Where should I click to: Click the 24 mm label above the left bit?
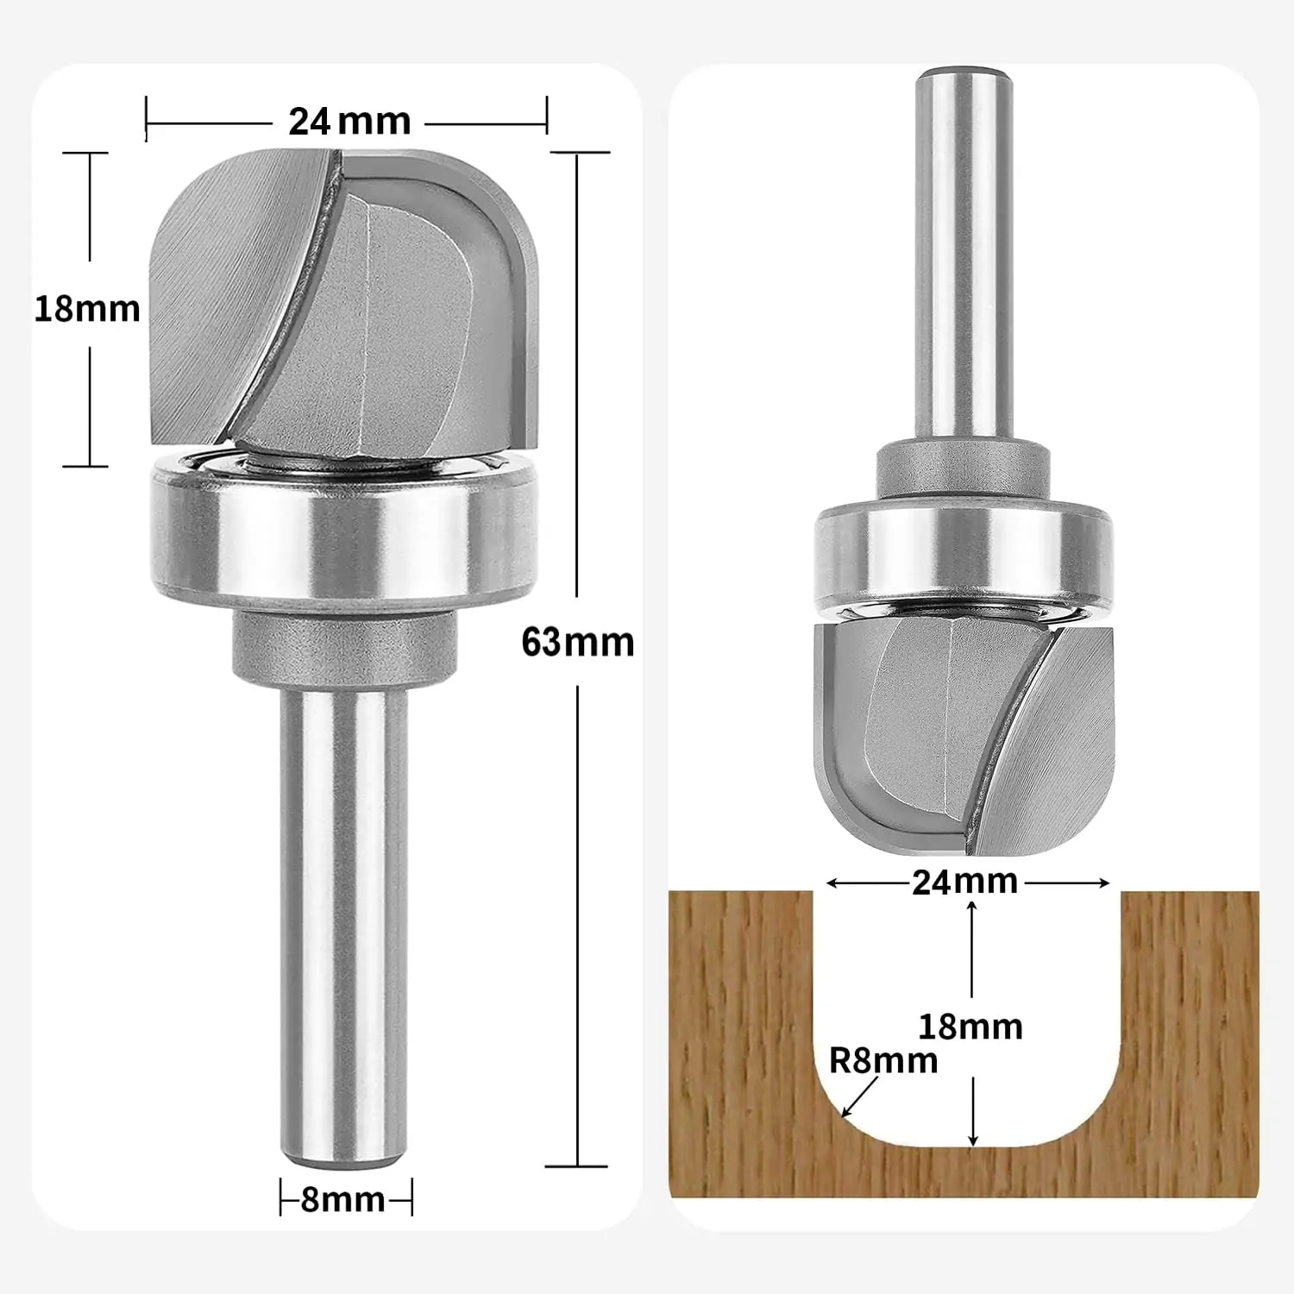[349, 122]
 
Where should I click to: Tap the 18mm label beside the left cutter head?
[87, 309]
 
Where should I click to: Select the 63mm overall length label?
[577, 643]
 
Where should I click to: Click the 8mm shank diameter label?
[343, 1200]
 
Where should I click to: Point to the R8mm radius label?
[883, 1061]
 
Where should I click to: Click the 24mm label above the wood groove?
[964, 883]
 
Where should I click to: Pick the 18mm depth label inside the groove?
[970, 1027]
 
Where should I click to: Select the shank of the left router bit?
[343, 923]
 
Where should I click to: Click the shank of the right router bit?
[963, 259]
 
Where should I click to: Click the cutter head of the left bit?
[345, 302]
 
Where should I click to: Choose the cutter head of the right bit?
[964, 733]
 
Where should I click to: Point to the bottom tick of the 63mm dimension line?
[577, 1166]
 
